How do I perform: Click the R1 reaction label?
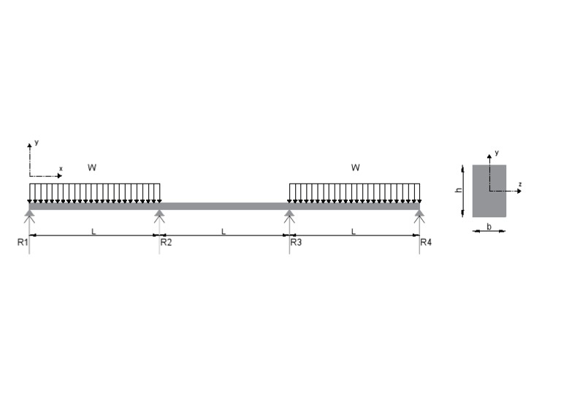coord(22,242)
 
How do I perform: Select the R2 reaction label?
coord(166,242)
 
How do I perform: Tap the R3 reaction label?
coord(296,242)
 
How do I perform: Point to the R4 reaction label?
coord(426,242)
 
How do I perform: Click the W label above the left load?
coord(92,167)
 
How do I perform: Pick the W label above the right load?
coord(355,167)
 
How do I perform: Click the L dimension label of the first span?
coord(93,231)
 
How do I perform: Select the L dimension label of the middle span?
coord(224,231)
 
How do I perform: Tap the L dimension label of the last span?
coord(354,231)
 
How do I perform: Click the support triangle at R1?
coord(29,214)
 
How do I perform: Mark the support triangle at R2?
coord(159,214)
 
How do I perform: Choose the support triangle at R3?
coord(289,214)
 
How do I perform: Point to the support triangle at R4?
coord(419,214)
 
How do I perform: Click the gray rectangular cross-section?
coord(489,191)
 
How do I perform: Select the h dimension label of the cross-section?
coord(459,190)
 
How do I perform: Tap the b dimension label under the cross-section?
coord(489,227)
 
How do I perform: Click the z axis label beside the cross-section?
coord(519,184)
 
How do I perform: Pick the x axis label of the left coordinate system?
coord(61,169)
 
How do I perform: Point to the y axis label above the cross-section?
coord(497,153)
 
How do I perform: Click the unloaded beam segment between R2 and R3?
coord(224,205)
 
